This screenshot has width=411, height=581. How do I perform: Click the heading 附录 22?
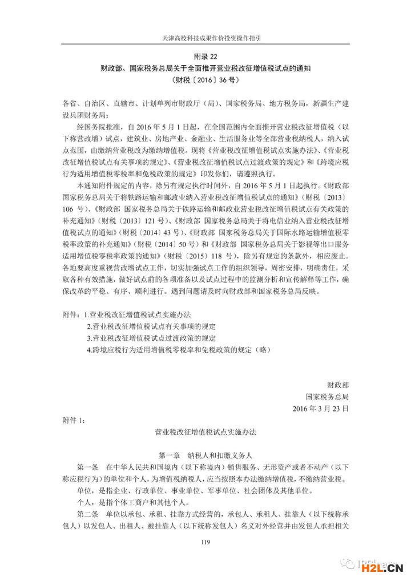pos(205,57)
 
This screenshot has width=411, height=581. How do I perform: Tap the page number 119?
pos(205,542)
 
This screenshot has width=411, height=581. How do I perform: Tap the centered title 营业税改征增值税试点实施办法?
pos(205,433)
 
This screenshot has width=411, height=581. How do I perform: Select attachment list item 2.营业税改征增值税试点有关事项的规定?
pos(151,326)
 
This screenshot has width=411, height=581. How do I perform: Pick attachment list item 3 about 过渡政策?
pos(151,337)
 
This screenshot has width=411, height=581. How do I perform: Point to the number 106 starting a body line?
pos(68,209)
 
